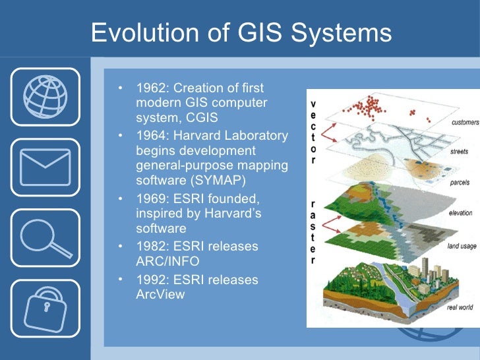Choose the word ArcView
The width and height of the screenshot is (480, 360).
pos(160,294)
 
